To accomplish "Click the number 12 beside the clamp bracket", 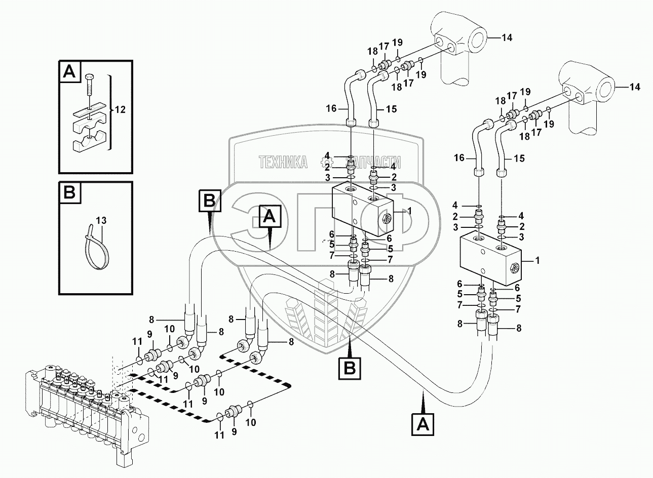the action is pos(120,109).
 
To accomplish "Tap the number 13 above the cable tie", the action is pos(101,220).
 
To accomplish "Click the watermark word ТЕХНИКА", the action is pos(283,162).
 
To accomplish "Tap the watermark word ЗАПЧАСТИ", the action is pos(373,162).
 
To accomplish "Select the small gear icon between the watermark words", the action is pos(326,162).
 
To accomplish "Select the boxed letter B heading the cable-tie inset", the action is pos(69,192).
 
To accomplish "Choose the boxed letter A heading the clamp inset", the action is pos(69,71).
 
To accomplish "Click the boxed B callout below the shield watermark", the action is pos(350,368).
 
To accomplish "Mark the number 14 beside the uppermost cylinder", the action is pos(507,37).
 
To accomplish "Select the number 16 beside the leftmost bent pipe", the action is pos(331,108).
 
